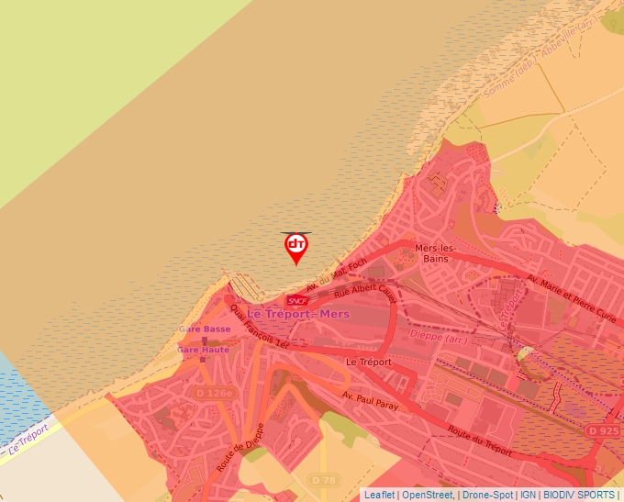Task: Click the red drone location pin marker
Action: pyautogui.click(x=296, y=247)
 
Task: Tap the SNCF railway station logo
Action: pyautogui.click(x=297, y=300)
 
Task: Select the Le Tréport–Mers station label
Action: pyautogui.click(x=297, y=314)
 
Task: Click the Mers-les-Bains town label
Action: pyautogui.click(x=437, y=253)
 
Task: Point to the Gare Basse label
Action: pyautogui.click(x=205, y=329)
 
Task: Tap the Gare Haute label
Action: pyautogui.click(x=204, y=350)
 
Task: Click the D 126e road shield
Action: pyautogui.click(x=215, y=393)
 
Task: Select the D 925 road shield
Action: pyautogui.click(x=603, y=430)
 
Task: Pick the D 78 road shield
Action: pyautogui.click(x=323, y=479)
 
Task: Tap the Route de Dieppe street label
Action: pyautogui.click(x=240, y=448)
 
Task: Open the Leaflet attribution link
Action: pyautogui.click(x=379, y=495)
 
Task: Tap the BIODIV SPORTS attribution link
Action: pyautogui.click(x=582, y=495)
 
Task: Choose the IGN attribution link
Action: pyautogui.click(x=528, y=495)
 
